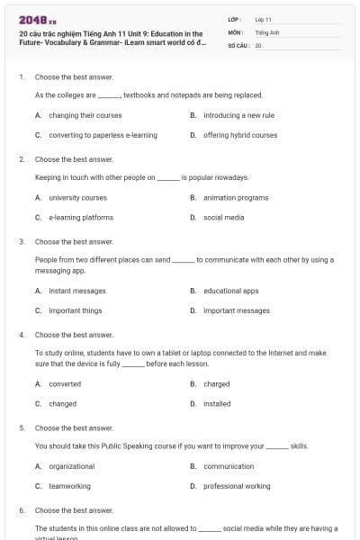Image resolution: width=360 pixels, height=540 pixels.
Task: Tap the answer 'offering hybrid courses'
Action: pos(240,135)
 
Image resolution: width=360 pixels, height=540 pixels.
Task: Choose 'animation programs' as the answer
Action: pos(236,197)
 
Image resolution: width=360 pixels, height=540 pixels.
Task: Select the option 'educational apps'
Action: pos(230,291)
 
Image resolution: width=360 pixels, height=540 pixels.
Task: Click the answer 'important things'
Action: pos(75,310)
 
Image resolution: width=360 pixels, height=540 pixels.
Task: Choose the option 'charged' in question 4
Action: pos(216,384)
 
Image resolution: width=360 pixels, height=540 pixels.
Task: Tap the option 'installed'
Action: pos(217,404)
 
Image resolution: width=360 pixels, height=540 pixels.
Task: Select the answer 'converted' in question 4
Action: pos(65,384)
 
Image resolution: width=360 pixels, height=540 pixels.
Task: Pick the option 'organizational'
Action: pos(71,466)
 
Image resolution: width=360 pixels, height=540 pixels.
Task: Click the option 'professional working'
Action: pos(237,486)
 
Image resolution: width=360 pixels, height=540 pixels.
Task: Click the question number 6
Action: pos(22,510)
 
